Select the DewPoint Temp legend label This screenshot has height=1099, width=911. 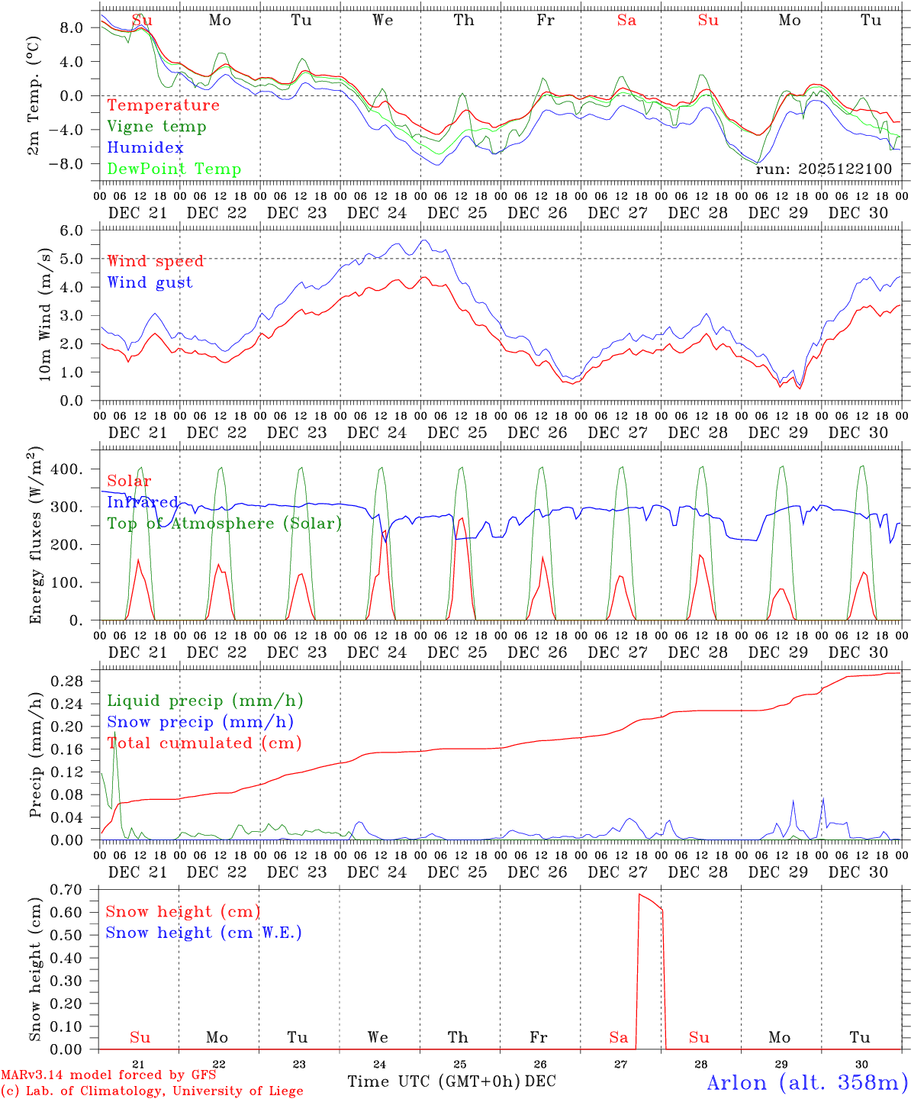(174, 169)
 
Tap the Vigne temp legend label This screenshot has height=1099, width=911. (156, 127)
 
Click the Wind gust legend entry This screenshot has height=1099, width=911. (150, 282)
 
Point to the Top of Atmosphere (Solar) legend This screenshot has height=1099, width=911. (224, 524)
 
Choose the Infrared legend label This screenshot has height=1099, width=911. (142, 502)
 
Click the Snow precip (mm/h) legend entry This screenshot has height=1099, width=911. (201, 722)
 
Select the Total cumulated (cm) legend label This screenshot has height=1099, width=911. (204, 743)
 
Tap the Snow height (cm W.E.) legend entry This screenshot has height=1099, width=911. (204, 933)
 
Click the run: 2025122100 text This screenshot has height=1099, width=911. (823, 169)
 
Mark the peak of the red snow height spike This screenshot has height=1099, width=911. (639, 894)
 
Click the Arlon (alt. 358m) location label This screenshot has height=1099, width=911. (807, 1083)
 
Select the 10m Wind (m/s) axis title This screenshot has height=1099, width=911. (44, 314)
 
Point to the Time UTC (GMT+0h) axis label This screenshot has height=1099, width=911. (434, 1081)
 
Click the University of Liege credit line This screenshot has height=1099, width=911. (152, 1091)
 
